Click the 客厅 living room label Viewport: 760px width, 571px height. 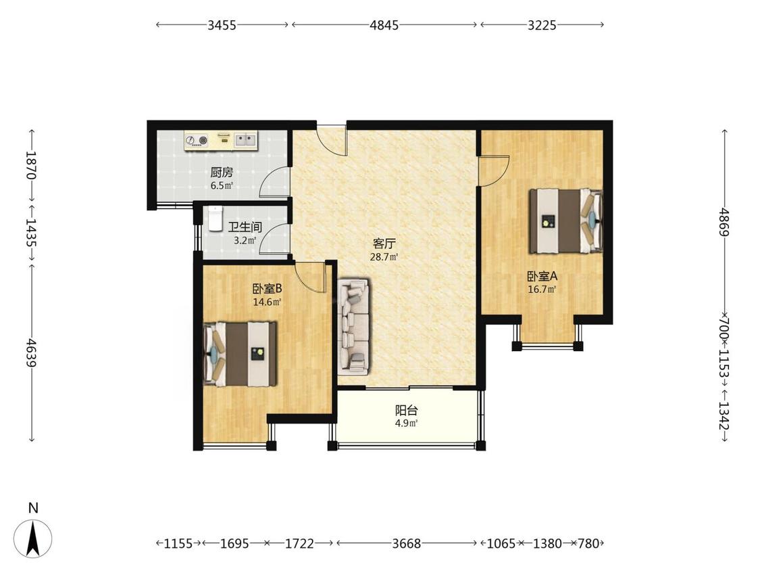coord(384,244)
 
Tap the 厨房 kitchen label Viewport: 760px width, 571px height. coord(222,173)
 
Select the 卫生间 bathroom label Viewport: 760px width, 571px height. coord(245,227)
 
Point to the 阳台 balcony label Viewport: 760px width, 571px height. coord(406,410)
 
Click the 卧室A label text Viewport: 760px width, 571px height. coord(542,276)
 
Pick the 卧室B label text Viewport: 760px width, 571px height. coord(267,289)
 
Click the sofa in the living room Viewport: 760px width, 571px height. coord(353,326)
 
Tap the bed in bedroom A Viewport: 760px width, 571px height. coord(565,221)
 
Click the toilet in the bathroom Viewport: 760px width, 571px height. coord(215,219)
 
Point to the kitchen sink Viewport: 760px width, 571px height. coord(246,140)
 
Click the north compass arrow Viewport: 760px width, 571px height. coord(32,538)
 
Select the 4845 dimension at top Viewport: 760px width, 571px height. coord(384,25)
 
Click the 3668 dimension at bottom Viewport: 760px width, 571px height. coord(406,543)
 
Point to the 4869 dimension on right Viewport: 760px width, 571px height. coord(724,222)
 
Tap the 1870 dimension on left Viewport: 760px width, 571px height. coord(31,165)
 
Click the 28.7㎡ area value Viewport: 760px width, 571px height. coord(384,257)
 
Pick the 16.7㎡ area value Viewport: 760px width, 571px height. coord(542,290)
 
